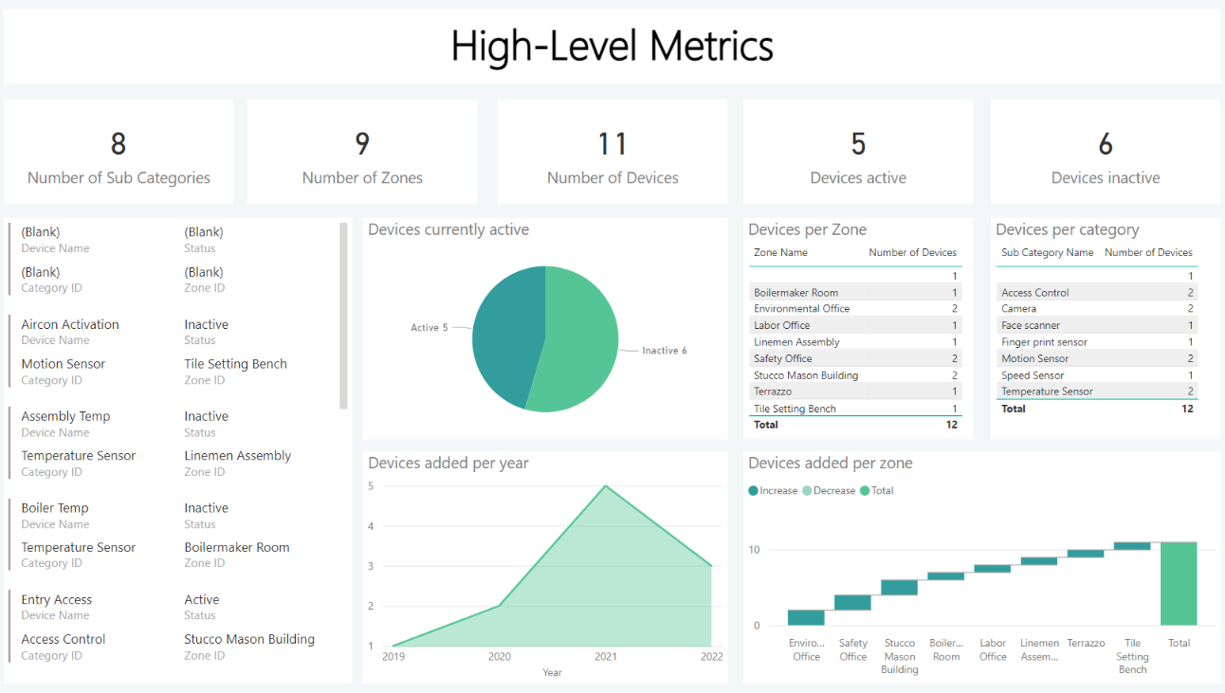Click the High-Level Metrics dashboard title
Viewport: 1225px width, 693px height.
click(612, 46)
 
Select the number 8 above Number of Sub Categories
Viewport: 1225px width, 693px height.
click(119, 144)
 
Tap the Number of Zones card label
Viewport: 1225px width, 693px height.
click(362, 178)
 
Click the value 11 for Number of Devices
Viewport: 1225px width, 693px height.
click(612, 144)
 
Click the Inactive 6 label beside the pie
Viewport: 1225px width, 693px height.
click(664, 351)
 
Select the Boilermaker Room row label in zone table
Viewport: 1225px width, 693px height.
click(795, 293)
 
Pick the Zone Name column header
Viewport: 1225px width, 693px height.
click(780, 253)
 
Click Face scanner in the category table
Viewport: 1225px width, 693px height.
click(1031, 325)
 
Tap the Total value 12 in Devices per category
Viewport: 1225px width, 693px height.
click(1187, 409)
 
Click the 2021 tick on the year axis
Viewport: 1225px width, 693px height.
click(606, 656)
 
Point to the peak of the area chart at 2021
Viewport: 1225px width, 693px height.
click(606, 486)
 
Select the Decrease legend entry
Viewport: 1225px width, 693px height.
click(833, 491)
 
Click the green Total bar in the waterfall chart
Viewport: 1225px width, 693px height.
click(1179, 583)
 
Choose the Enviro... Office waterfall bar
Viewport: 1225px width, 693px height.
click(806, 617)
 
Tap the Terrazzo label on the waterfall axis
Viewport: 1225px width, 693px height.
click(1086, 643)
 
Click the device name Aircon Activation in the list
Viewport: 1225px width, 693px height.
click(70, 324)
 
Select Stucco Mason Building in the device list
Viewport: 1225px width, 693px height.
click(249, 639)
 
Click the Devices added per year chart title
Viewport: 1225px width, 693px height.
click(448, 464)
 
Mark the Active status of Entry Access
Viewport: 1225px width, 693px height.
click(202, 600)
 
